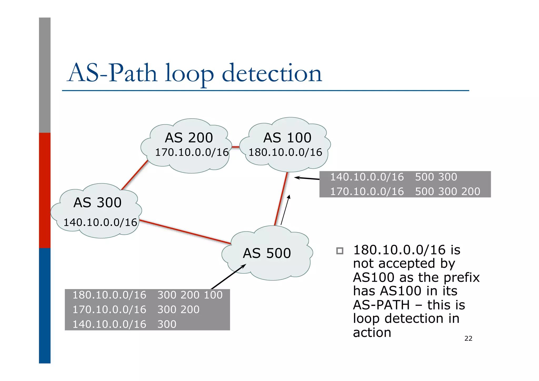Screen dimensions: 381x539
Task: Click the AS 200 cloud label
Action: [x=189, y=138]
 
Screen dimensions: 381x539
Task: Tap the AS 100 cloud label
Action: [x=287, y=138]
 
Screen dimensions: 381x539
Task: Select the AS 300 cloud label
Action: [x=97, y=202]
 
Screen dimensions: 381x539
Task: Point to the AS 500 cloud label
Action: [x=267, y=253]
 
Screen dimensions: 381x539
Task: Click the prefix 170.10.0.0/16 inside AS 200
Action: [x=192, y=152]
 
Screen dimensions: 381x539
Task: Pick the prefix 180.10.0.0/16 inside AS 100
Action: [x=285, y=152]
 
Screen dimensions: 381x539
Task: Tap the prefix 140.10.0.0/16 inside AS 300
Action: [x=100, y=222]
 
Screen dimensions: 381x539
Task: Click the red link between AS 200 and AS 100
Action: [x=236, y=147]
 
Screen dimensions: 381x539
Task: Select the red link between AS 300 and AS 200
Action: [x=134, y=175]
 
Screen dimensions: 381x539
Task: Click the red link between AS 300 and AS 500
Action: [x=184, y=232]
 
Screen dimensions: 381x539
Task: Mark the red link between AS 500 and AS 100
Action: [x=281, y=199]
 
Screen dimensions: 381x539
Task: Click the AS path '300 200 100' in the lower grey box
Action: [x=190, y=295]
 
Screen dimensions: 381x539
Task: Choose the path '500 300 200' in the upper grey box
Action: [x=447, y=191]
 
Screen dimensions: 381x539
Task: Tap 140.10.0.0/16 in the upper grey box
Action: [x=367, y=177]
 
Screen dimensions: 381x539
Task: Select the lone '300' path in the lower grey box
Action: [x=167, y=324]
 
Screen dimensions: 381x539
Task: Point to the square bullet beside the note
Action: [x=340, y=251]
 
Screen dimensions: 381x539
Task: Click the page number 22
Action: [x=468, y=339]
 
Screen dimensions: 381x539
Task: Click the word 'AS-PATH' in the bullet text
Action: [x=381, y=305]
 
